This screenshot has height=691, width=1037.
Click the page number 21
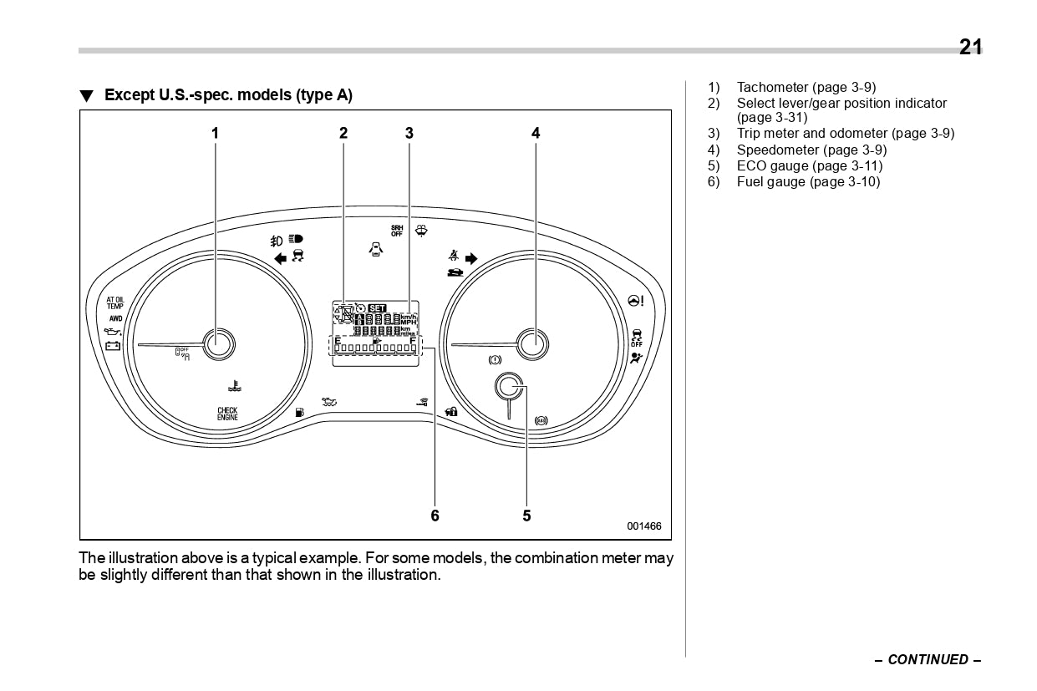click(970, 48)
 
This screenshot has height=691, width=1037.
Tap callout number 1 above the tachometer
click(215, 133)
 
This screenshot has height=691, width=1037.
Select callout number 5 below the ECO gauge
click(526, 516)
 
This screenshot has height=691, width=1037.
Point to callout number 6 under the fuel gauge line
click(435, 516)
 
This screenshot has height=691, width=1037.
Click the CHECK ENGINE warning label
click(227, 414)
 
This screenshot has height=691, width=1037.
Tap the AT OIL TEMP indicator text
click(114, 302)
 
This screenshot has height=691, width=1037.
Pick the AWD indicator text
click(114, 318)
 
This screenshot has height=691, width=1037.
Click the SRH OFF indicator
click(397, 231)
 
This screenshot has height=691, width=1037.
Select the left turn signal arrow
click(280, 257)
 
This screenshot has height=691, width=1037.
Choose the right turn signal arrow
click(471, 259)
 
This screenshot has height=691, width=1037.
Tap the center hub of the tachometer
click(220, 343)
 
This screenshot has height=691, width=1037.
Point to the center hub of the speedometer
click(532, 343)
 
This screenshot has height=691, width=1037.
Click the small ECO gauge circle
click(508, 387)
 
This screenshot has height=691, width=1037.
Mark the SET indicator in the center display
click(378, 307)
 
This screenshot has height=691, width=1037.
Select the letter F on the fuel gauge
click(413, 340)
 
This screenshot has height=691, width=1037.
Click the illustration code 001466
click(643, 526)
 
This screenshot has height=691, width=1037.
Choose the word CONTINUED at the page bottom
click(928, 659)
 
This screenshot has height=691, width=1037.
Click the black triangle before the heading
click(86, 96)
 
